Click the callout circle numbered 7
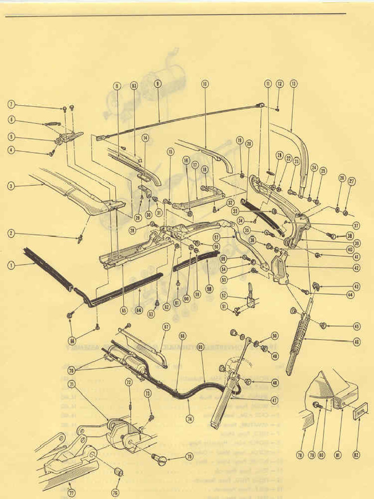click(11, 104)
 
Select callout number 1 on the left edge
click(11, 265)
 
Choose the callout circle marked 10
click(205, 84)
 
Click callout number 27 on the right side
click(352, 181)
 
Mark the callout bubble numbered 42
click(357, 268)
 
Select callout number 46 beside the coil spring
click(357, 342)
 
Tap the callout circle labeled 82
click(356, 455)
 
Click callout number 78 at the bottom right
click(300, 455)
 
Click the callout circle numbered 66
click(183, 336)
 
